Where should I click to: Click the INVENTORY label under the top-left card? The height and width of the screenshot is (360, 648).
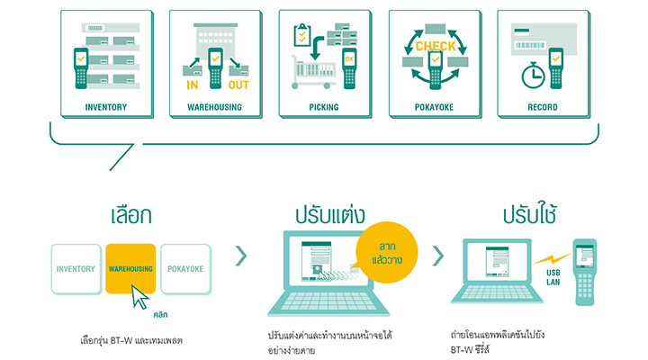point(105,108)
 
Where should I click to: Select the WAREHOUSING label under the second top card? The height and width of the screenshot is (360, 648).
point(214,108)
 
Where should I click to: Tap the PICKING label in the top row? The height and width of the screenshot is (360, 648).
point(323,108)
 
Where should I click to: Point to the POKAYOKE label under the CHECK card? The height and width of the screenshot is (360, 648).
point(433,108)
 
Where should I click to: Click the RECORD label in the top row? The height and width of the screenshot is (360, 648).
point(543,108)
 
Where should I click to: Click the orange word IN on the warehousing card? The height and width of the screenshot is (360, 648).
point(192,85)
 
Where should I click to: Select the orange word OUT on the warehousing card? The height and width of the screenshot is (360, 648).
point(238,85)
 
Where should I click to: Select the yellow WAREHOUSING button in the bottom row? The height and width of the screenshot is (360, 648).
point(130,268)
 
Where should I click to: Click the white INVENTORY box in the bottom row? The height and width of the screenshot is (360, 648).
point(76,268)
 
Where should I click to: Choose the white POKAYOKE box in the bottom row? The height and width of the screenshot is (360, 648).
point(185,268)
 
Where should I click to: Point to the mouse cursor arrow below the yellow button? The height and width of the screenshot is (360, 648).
point(140,296)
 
